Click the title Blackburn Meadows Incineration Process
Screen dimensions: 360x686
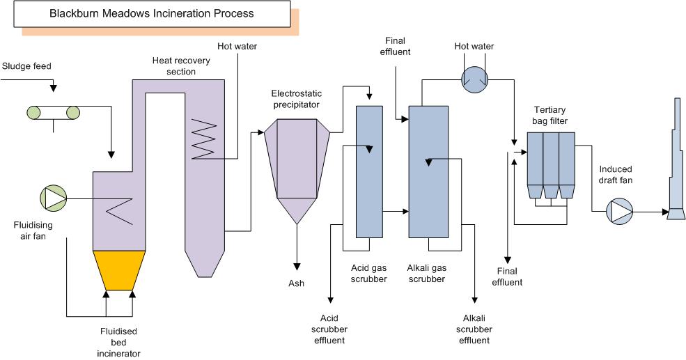point(152,13)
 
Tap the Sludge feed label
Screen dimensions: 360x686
point(27,67)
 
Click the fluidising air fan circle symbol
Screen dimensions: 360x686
point(54,198)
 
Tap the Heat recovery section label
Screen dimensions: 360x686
point(174,66)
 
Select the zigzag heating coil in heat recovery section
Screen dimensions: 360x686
point(205,137)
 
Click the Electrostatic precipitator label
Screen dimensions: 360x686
point(295,99)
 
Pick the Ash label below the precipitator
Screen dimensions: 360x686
point(297,283)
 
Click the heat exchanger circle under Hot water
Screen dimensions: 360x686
point(474,79)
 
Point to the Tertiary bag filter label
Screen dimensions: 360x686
point(551,116)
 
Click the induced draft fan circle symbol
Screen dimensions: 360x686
point(618,210)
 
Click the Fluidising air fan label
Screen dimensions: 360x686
point(33,230)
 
